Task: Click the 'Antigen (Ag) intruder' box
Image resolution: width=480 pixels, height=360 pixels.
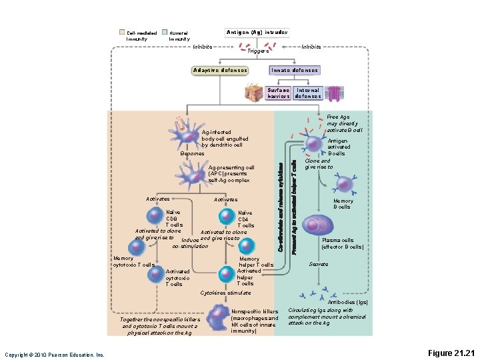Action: (x=257, y=32)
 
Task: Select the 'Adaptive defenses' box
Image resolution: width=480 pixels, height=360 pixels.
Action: (x=220, y=70)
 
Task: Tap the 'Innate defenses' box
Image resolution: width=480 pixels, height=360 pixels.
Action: (x=294, y=70)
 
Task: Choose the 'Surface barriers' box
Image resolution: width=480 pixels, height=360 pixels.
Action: (x=278, y=93)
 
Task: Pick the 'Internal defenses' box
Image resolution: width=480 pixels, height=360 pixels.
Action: (x=307, y=93)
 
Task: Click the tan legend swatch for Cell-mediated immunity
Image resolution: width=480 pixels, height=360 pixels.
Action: (x=121, y=32)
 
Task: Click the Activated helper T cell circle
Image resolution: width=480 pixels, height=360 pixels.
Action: (x=227, y=271)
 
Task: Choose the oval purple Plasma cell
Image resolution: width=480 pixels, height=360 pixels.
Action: (x=318, y=225)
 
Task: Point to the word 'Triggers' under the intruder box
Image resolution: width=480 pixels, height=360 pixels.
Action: (x=257, y=51)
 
